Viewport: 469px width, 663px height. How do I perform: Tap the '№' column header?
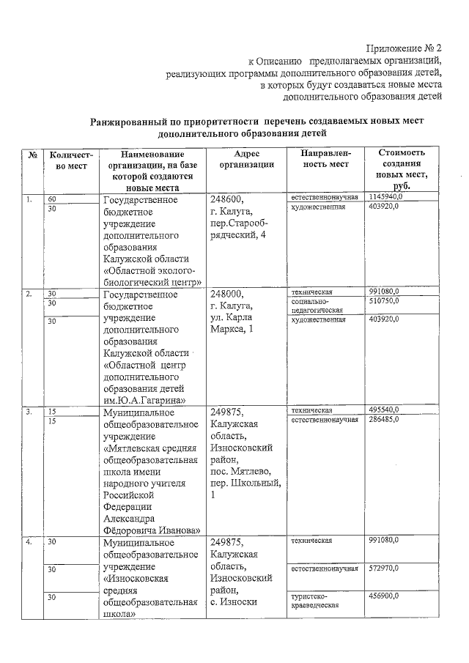coord(33,155)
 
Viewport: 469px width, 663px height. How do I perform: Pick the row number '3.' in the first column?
coord(29,412)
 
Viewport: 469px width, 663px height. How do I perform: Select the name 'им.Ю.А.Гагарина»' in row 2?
coord(144,400)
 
